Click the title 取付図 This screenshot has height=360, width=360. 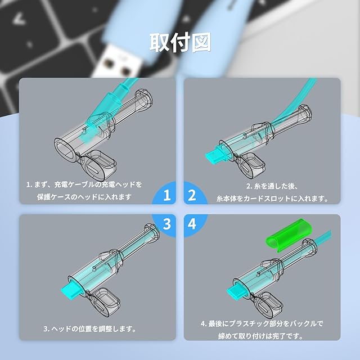[180, 43]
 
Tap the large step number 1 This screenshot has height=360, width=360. [167, 195]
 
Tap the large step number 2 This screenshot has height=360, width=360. [192, 195]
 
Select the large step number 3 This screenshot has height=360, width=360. [167, 223]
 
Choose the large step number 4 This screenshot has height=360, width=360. [192, 223]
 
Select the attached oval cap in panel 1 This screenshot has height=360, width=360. [98, 165]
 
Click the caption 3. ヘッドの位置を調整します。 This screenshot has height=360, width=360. [90, 328]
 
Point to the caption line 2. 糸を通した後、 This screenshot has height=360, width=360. [272, 186]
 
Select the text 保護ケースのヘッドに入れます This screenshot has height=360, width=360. [84, 197]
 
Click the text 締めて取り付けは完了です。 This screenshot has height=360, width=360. [261, 336]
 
